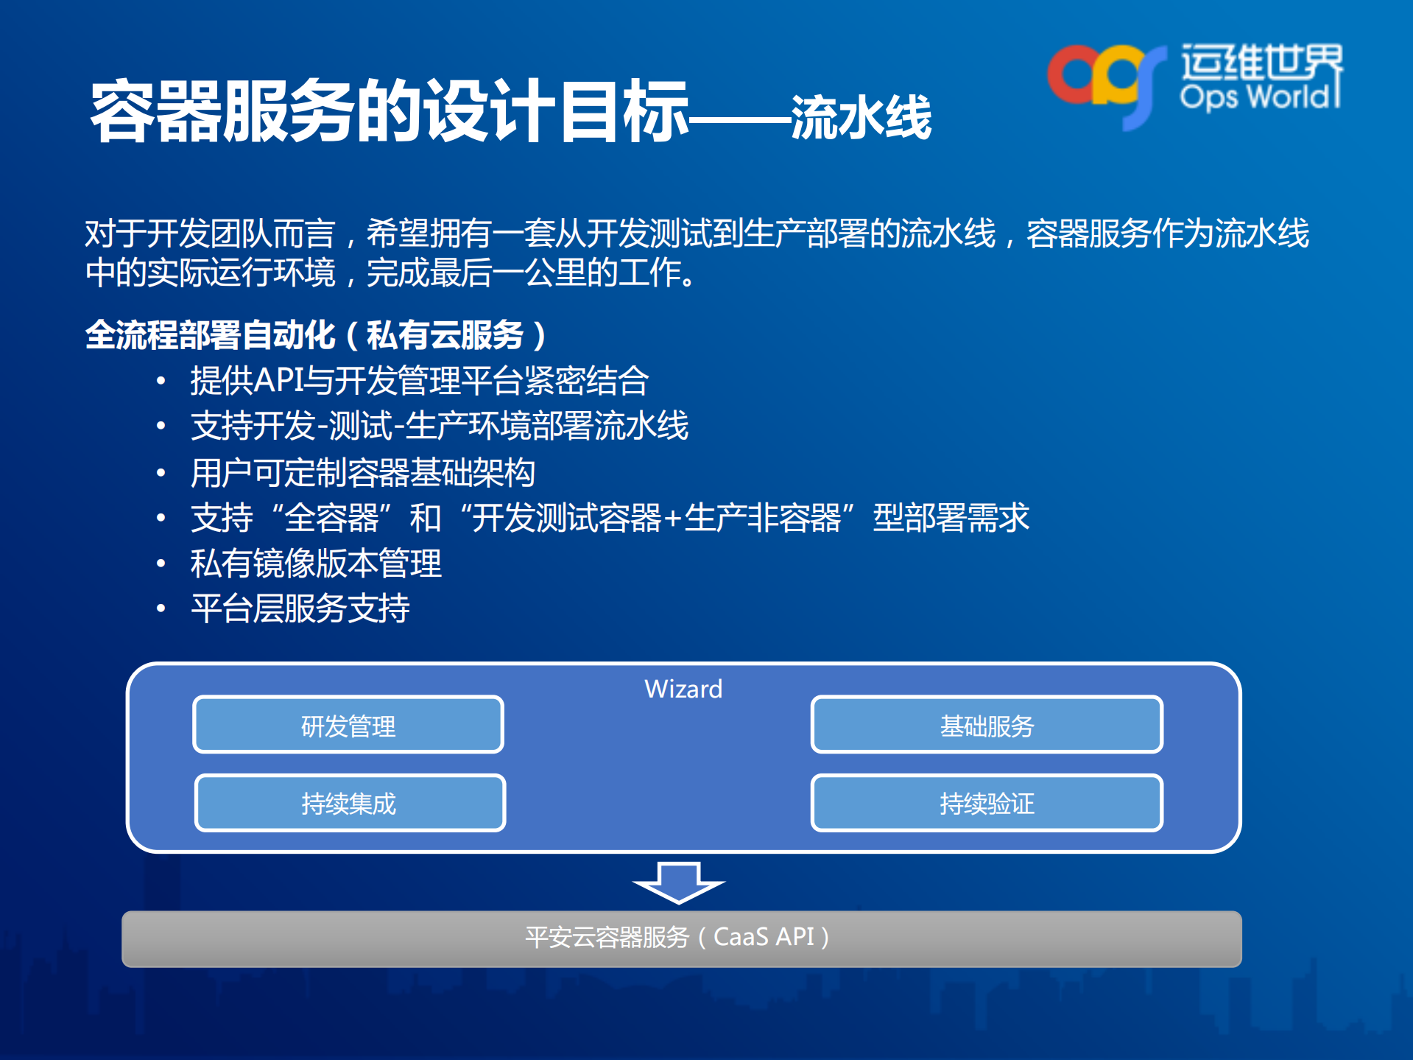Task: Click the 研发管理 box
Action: (348, 725)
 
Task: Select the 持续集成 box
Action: (350, 802)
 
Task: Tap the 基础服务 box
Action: (987, 725)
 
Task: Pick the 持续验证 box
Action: (987, 802)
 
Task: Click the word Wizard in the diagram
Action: (683, 689)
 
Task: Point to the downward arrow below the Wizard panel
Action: (679, 882)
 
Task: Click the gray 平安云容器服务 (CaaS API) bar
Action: (681, 938)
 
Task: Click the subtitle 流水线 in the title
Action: (861, 118)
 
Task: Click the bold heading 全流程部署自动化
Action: (211, 335)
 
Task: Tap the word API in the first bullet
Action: (279, 381)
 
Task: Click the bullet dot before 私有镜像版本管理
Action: (161, 564)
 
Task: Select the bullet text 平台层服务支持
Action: (300, 608)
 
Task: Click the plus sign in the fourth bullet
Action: (672, 519)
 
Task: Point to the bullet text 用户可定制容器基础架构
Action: (363, 473)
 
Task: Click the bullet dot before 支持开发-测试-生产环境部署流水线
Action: (161, 426)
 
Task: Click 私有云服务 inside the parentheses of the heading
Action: (445, 335)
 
